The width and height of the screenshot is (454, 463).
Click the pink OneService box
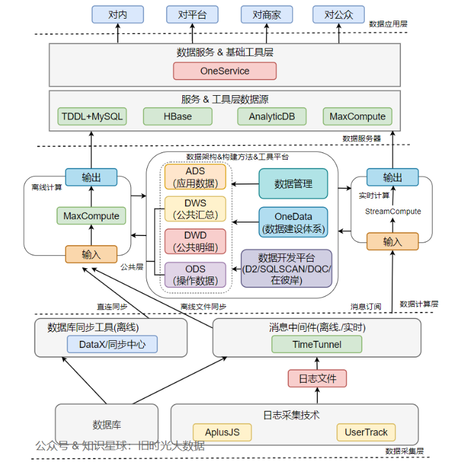(x=225, y=71)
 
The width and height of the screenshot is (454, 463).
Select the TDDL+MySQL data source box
(x=91, y=116)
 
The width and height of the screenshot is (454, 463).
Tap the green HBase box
(x=177, y=116)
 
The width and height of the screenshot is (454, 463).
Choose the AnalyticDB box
(x=266, y=116)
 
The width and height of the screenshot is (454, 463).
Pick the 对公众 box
(x=338, y=14)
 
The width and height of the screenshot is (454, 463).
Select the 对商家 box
(x=266, y=14)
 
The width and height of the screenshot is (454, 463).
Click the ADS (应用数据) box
(x=196, y=177)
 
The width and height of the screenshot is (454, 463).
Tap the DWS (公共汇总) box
(x=196, y=209)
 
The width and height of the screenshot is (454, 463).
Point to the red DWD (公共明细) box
(x=196, y=242)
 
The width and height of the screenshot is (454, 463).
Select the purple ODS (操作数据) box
(x=196, y=275)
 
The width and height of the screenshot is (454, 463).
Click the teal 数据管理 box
(x=293, y=184)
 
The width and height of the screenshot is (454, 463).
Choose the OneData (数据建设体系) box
(x=293, y=222)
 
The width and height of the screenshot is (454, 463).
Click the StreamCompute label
(x=393, y=211)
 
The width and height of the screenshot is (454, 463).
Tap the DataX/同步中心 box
(x=112, y=344)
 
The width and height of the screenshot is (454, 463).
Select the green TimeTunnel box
(x=317, y=344)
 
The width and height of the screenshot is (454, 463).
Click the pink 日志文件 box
(x=317, y=378)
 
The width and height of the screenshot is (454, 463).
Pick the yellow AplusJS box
(x=222, y=432)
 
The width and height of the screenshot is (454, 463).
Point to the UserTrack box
(x=366, y=432)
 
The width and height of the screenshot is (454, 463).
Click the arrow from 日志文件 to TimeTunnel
(x=317, y=361)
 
